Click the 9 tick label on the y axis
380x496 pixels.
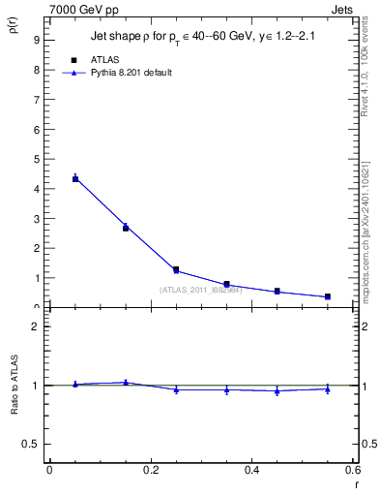(35, 40)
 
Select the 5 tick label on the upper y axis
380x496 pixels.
(35, 159)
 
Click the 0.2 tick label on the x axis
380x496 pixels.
(150, 470)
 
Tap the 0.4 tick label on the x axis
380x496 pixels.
(251, 470)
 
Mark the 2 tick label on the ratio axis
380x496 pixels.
(35, 326)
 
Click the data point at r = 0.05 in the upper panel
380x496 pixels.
(75, 178)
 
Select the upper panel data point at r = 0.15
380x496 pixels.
(126, 228)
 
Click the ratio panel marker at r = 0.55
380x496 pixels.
(328, 389)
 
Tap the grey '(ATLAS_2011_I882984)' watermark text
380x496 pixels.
(200, 290)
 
